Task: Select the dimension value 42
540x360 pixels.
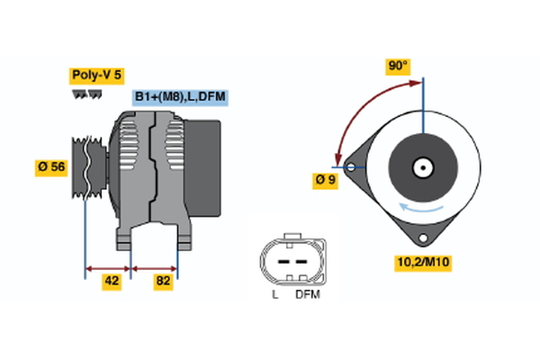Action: point(111,282)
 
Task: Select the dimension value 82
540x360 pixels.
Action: point(163,282)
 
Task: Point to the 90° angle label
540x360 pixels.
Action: point(397,66)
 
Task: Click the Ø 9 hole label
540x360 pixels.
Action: point(326,179)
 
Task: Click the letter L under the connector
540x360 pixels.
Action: point(274,294)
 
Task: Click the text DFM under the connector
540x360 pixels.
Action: point(307,294)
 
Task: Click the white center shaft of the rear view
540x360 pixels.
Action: point(423,167)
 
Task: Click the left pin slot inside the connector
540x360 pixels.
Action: point(280,259)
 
